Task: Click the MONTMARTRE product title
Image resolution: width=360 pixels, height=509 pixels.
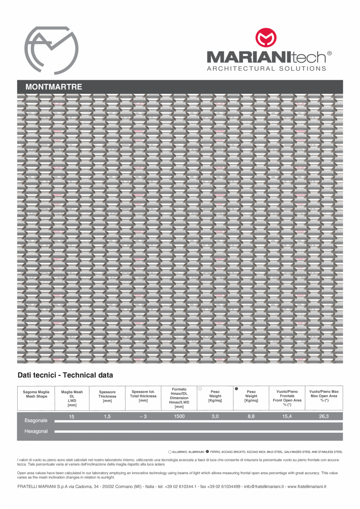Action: click(54, 87)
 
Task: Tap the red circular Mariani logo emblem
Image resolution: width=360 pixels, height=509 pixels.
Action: click(266, 38)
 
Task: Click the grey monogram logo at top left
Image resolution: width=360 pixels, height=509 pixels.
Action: click(51, 50)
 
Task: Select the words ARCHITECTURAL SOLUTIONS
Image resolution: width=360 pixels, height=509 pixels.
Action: click(266, 68)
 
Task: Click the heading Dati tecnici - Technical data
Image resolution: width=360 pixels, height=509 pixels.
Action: click(65, 375)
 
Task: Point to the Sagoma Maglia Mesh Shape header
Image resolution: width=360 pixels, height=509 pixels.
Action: click(35, 394)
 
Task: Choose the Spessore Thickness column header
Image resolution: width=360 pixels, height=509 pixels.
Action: click(107, 396)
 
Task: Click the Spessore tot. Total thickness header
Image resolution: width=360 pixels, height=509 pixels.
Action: click(143, 396)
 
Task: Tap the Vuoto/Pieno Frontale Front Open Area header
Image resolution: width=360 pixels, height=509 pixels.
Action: click(287, 398)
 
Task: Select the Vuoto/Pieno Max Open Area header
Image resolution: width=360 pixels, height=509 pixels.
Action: click(324, 396)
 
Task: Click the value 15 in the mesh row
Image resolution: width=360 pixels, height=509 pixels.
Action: click(72, 417)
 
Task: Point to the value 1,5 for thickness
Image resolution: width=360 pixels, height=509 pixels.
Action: click(107, 417)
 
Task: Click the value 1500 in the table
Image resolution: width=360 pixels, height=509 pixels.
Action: click(179, 417)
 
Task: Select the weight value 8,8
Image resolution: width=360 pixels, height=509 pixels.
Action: click(251, 417)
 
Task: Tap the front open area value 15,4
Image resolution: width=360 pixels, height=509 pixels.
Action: click(287, 417)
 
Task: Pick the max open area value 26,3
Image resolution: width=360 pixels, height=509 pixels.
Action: click(324, 417)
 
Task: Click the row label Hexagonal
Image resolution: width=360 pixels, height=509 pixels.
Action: click(36, 431)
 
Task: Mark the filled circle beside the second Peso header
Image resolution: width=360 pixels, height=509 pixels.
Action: click(236, 388)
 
